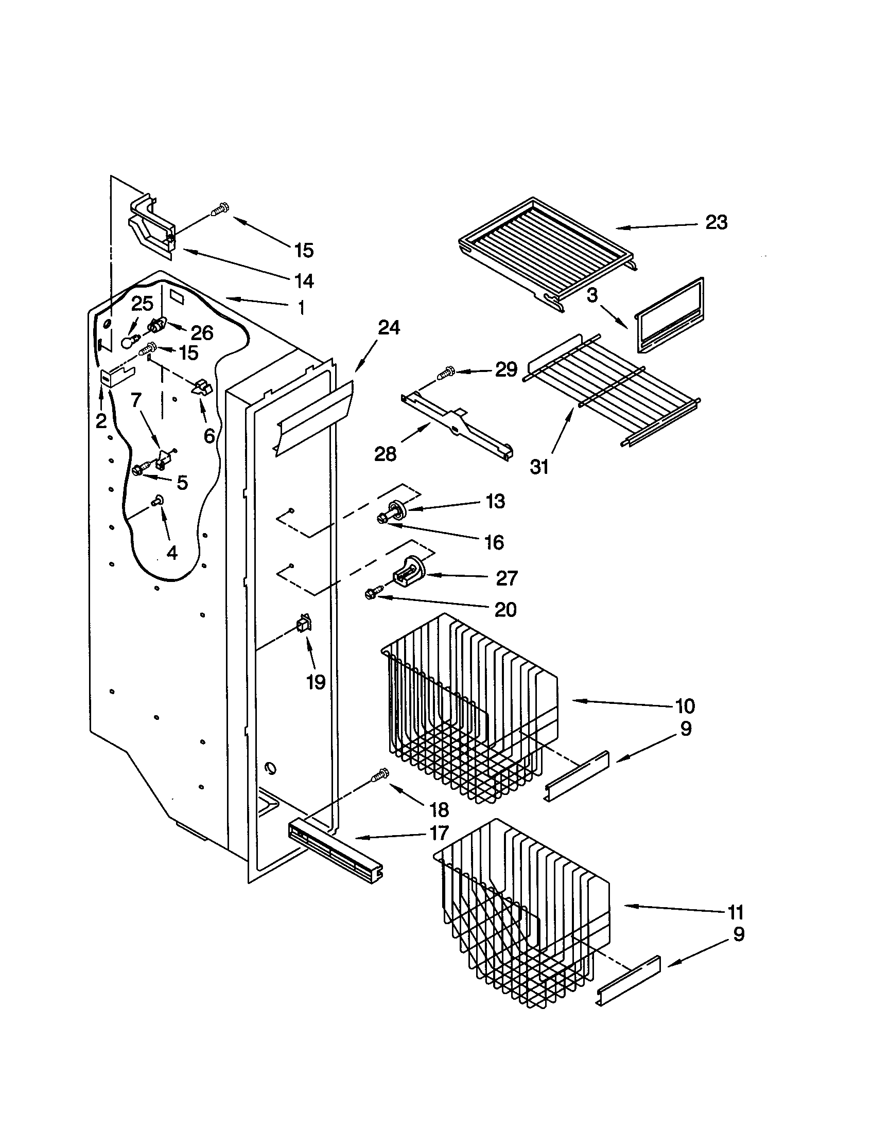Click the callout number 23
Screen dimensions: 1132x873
[x=716, y=222]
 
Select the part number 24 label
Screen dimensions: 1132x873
[x=388, y=328]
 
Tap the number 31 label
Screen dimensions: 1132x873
[x=539, y=467]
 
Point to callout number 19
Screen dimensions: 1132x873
[x=316, y=682]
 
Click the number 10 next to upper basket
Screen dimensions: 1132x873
[x=684, y=705]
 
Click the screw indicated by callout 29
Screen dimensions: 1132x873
[x=445, y=373]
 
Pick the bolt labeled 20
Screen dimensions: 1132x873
[x=374, y=593]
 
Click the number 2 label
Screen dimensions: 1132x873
[x=101, y=421]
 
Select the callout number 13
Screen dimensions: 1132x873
[x=495, y=501]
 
